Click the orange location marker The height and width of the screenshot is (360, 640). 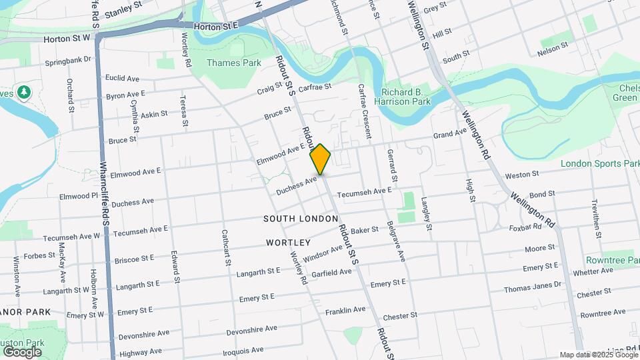click(x=321, y=159)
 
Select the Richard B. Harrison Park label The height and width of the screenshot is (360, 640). click(x=406, y=97)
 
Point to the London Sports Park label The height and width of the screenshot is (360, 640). click(x=600, y=163)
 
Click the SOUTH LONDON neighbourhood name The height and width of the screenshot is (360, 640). click(x=297, y=219)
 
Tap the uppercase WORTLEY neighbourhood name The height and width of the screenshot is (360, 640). click(x=289, y=242)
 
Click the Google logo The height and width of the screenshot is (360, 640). click(x=22, y=351)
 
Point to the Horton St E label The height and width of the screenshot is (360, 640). click(x=216, y=26)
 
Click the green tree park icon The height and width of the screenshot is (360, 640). click(x=25, y=91)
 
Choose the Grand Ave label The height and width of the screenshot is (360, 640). click(x=450, y=134)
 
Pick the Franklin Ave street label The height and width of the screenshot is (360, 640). click(x=345, y=310)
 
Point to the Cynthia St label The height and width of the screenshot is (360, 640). click(x=136, y=114)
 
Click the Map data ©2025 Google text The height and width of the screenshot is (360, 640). click(x=598, y=355)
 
